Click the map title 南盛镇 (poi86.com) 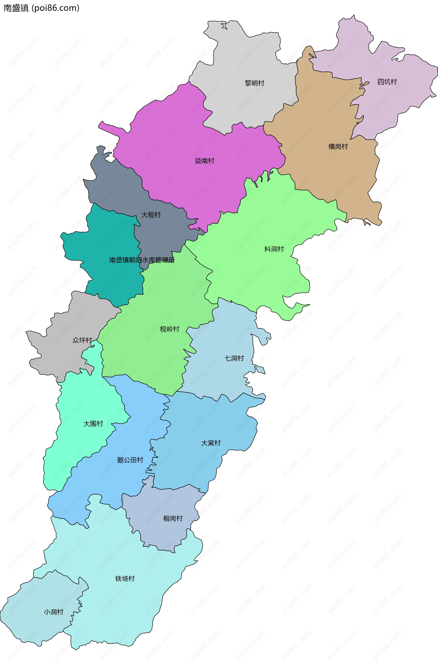click(41, 8)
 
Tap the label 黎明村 click(254, 83)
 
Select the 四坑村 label click(387, 82)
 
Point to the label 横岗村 click(338, 146)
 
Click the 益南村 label click(204, 161)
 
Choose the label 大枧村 click(151, 215)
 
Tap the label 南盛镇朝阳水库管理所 click(142, 260)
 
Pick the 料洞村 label click(274, 249)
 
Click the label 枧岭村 click(169, 329)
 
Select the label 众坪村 click(82, 340)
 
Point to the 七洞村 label click(234, 358)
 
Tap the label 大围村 click(93, 424)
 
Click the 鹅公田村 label click(130, 460)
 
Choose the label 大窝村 click(211, 443)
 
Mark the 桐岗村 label click(173, 518)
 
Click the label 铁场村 click(125, 578)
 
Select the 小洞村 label click(53, 612)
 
